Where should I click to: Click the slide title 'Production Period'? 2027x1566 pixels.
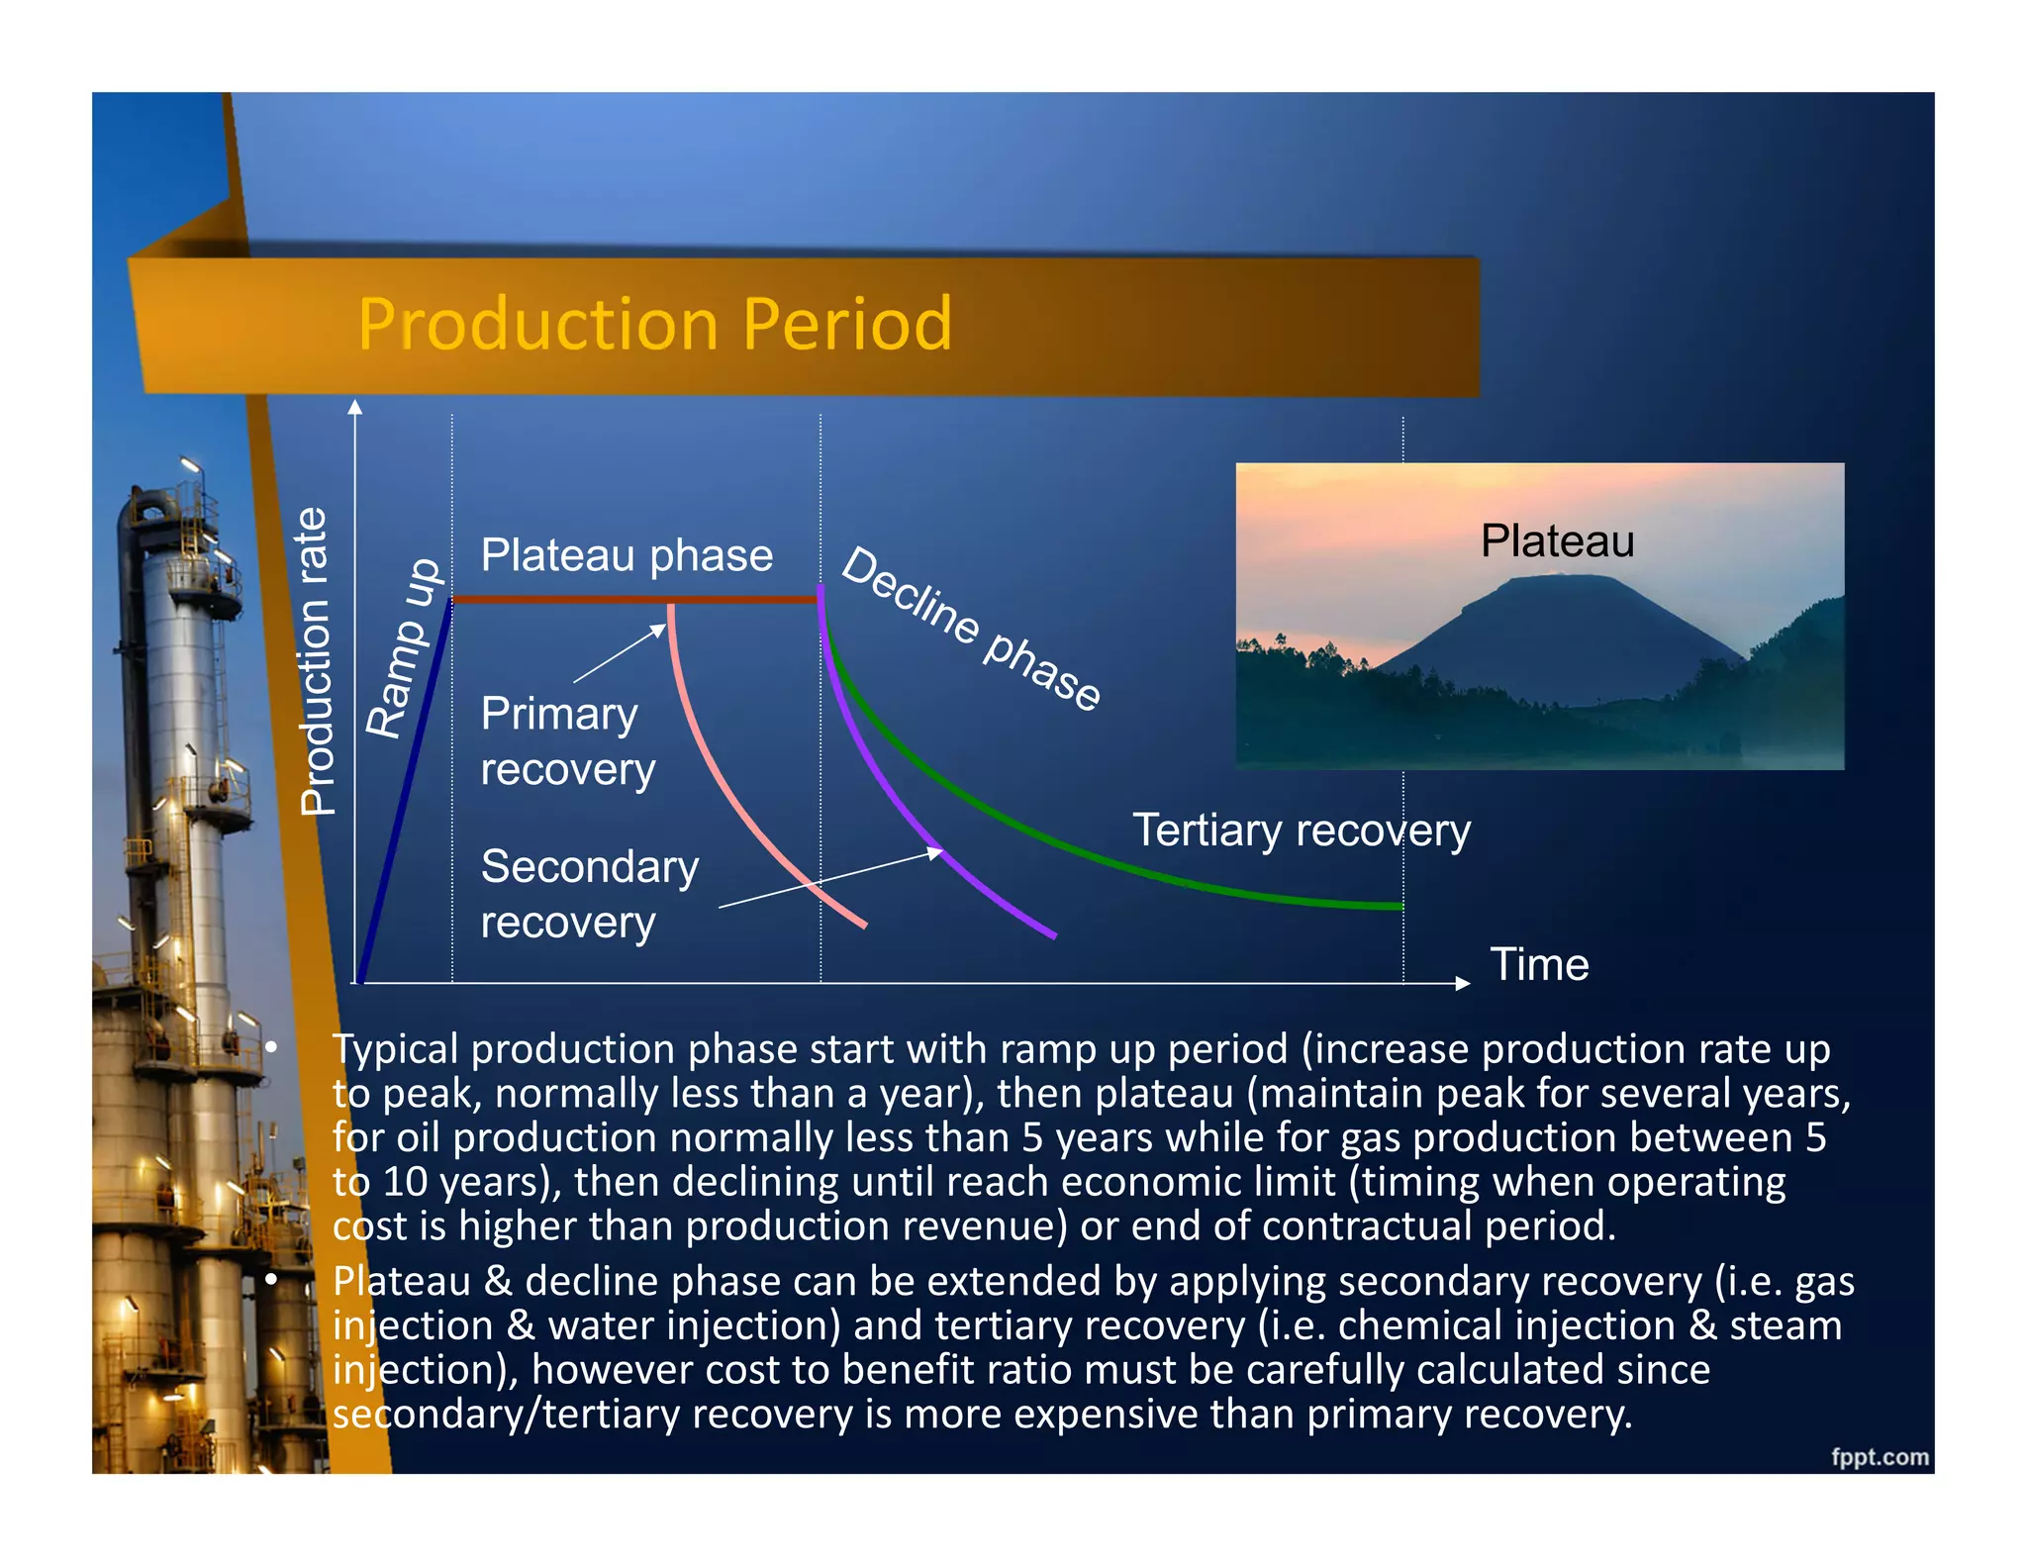click(654, 324)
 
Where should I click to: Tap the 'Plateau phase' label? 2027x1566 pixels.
click(626, 555)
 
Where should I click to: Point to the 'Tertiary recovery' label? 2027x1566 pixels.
click(1301, 830)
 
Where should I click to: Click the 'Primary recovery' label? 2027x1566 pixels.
click(566, 740)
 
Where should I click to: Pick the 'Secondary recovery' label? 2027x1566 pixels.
click(588, 893)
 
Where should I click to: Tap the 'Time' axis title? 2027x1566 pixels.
click(1539, 964)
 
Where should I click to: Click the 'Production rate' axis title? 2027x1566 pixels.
click(316, 660)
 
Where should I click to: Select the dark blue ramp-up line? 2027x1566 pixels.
click(406, 792)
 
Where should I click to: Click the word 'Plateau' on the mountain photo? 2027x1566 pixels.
click(1556, 541)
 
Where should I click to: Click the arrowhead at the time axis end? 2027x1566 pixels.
click(1463, 983)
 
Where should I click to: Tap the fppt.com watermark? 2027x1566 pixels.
click(1879, 1456)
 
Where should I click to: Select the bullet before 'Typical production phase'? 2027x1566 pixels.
click(271, 1047)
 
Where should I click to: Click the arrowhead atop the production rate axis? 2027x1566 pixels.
click(355, 406)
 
